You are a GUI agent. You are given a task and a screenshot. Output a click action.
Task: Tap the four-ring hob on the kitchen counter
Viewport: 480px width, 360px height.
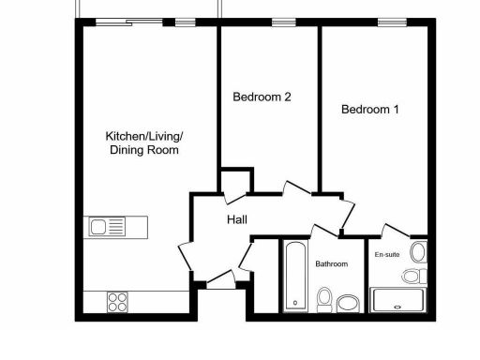tap(118, 301)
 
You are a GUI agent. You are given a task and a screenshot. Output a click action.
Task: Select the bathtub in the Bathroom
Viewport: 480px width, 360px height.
tap(294, 276)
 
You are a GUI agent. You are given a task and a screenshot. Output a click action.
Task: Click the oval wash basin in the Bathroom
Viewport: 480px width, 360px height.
tap(348, 303)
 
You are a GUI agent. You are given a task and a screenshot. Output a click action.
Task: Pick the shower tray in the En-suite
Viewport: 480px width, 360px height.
tap(398, 300)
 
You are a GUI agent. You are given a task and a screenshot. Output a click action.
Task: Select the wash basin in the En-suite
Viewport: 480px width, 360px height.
tap(417, 251)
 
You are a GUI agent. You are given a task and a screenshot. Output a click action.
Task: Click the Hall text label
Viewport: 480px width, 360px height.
tap(237, 219)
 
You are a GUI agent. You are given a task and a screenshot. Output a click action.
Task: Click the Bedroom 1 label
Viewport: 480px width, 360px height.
tap(369, 110)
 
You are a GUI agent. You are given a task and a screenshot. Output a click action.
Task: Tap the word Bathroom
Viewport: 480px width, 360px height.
tap(332, 264)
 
